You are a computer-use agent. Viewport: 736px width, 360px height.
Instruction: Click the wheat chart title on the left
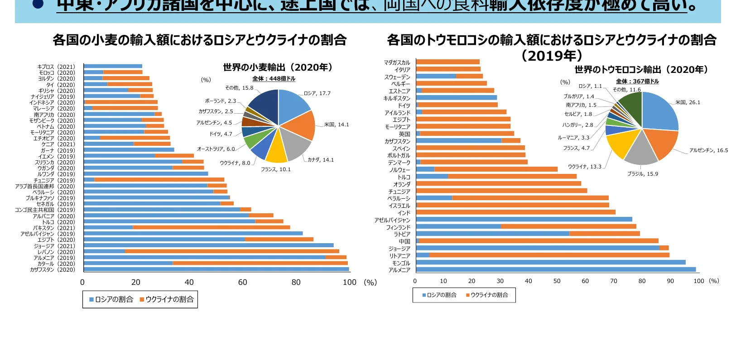pyautogui.click(x=199, y=40)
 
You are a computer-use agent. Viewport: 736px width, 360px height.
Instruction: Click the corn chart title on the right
pyautogui.click(x=551, y=40)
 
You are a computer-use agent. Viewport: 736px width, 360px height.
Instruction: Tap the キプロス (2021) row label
pyautogui.click(x=56, y=67)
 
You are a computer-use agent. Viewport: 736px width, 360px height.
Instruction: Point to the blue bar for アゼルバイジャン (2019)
pyautogui.click(x=193, y=234)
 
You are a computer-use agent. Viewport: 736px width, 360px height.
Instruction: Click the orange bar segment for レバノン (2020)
pyautogui.click(x=232, y=251)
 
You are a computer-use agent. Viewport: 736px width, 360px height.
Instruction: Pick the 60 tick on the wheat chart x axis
pyautogui.click(x=243, y=283)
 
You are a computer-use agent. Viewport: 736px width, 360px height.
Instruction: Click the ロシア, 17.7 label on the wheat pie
pyautogui.click(x=317, y=93)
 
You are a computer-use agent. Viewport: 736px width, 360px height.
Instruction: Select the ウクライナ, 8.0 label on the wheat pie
pyautogui.click(x=235, y=163)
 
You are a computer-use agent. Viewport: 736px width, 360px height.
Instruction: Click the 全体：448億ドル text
pyautogui.click(x=274, y=79)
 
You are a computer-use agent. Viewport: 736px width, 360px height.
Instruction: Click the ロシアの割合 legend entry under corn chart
pyautogui.click(x=439, y=295)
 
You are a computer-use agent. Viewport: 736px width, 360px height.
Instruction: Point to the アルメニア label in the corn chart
pyautogui.click(x=399, y=270)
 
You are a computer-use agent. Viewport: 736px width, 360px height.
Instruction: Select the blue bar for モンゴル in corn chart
pyautogui.click(x=550, y=262)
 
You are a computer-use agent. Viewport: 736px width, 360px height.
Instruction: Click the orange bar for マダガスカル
pyautogui.click(x=447, y=62)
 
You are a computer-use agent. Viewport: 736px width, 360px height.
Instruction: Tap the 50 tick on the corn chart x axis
pyautogui.click(x=557, y=281)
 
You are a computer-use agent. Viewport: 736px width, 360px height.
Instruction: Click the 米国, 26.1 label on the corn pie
pyautogui.click(x=688, y=102)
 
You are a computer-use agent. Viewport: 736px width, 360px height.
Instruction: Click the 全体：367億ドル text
pyautogui.click(x=637, y=82)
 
